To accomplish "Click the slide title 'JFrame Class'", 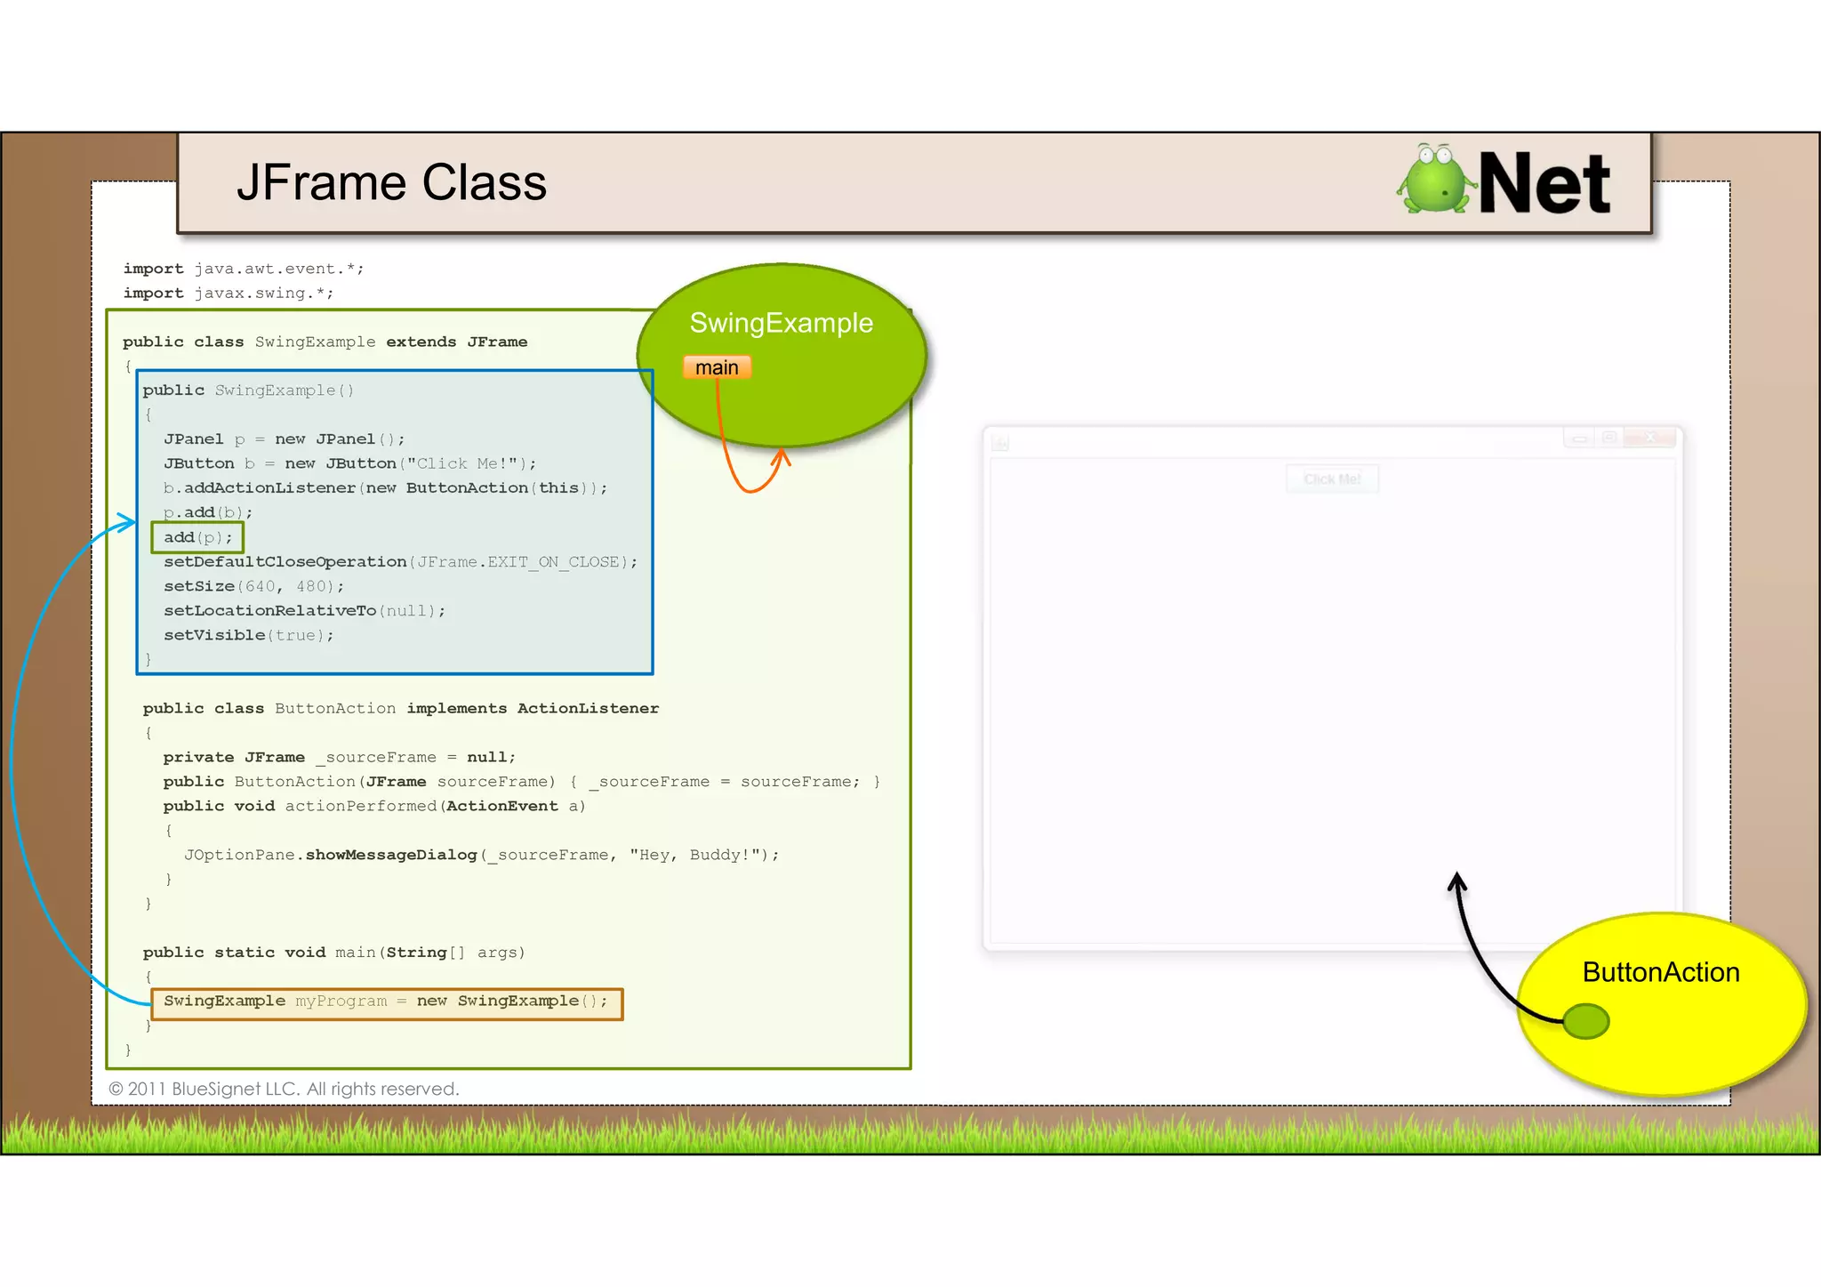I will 391,183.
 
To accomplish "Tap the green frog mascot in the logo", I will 1434,180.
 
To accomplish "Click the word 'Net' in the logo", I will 1544,183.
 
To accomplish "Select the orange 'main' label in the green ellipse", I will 717,367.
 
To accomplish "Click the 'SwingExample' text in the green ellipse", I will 781,323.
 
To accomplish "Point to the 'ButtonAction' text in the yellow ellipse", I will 1660,972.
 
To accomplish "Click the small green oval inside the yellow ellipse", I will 1585,1021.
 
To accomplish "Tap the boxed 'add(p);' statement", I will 197,537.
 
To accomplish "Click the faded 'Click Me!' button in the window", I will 1332,479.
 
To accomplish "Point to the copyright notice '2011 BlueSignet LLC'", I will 284,1089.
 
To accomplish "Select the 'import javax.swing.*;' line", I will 229,293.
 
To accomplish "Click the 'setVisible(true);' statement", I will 248,635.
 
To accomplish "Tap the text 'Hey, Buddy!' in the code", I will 697,855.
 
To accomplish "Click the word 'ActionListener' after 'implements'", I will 588,708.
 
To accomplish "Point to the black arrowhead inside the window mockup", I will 1456,881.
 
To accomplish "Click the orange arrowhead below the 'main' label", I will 782,457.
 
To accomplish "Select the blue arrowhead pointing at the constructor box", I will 128,522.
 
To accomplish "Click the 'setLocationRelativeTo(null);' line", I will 304,611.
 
